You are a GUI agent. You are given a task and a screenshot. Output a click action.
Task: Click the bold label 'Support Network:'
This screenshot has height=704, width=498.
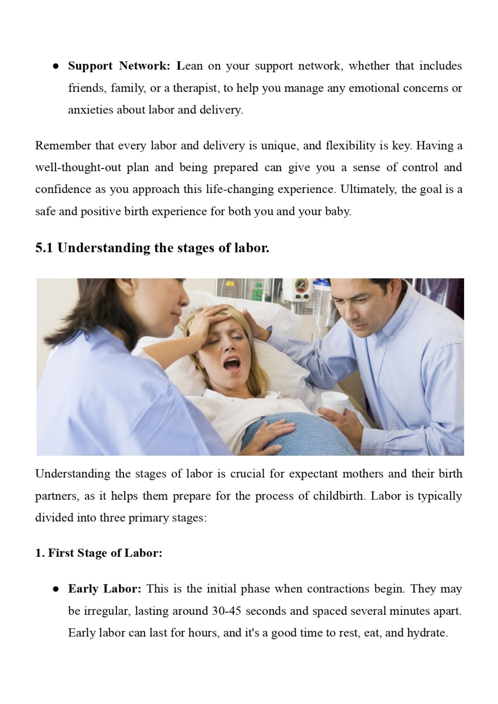[119, 66]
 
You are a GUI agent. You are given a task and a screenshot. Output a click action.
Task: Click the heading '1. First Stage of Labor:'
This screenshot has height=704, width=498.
[99, 553]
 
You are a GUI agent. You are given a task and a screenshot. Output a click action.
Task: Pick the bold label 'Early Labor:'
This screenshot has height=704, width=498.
[105, 589]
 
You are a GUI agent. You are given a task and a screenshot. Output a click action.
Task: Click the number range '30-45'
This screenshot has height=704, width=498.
[226, 611]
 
